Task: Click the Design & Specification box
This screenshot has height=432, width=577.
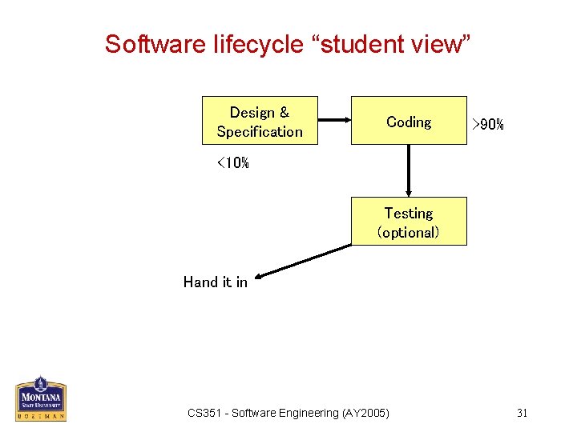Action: click(260, 122)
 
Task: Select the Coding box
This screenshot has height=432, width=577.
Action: click(409, 122)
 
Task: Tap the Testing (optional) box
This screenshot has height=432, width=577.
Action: click(409, 222)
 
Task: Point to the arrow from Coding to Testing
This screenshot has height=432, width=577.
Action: click(409, 170)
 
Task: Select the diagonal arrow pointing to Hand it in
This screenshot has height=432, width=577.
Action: click(305, 263)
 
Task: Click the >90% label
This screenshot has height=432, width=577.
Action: click(487, 124)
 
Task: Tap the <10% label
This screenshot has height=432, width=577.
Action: click(232, 163)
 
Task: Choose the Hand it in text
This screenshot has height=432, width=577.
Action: click(215, 282)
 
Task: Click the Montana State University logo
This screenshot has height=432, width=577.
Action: click(40, 398)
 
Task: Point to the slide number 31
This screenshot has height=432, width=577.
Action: click(522, 413)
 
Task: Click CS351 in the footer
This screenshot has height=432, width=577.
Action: click(204, 413)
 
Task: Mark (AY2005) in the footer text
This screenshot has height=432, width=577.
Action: click(365, 413)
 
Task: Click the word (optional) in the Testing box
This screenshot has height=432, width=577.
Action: click(409, 233)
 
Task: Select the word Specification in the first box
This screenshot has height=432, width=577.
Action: click(260, 132)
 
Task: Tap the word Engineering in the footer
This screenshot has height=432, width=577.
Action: click(309, 413)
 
